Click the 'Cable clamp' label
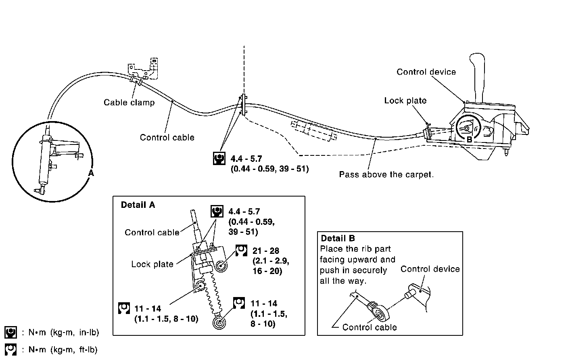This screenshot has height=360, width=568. (129, 103)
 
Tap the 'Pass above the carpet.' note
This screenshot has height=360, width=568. (386, 175)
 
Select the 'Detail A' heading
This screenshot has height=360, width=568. (138, 205)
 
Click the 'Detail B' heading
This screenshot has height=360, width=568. (338, 238)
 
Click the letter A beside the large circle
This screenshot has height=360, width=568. (91, 173)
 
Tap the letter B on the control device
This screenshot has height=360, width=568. (469, 139)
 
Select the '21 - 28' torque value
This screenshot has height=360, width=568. (265, 251)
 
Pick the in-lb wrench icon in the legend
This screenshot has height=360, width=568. (10, 333)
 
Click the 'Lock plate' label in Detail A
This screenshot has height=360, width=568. (152, 264)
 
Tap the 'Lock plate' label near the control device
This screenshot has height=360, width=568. (405, 100)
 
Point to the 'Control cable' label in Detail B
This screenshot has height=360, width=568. (369, 327)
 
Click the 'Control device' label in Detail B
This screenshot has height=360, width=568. (430, 269)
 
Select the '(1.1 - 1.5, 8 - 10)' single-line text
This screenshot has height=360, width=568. (166, 319)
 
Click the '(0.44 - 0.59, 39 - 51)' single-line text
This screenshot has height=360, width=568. (269, 169)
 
